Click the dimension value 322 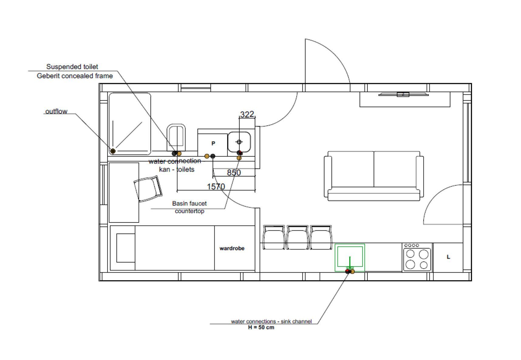(247, 114)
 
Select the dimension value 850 (234, 172)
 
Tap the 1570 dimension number (216, 186)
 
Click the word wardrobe (232, 248)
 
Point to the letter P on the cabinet (213, 143)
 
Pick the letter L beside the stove (448, 257)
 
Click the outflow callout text (56, 111)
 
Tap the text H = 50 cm (261, 328)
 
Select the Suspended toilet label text (72, 67)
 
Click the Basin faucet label (189, 203)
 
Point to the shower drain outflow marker (113, 151)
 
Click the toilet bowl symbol (176, 137)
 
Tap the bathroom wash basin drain (239, 142)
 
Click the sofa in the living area (374, 176)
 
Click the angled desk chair (148, 189)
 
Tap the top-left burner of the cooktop (410, 253)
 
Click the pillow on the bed (126, 248)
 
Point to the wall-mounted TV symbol (403, 94)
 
